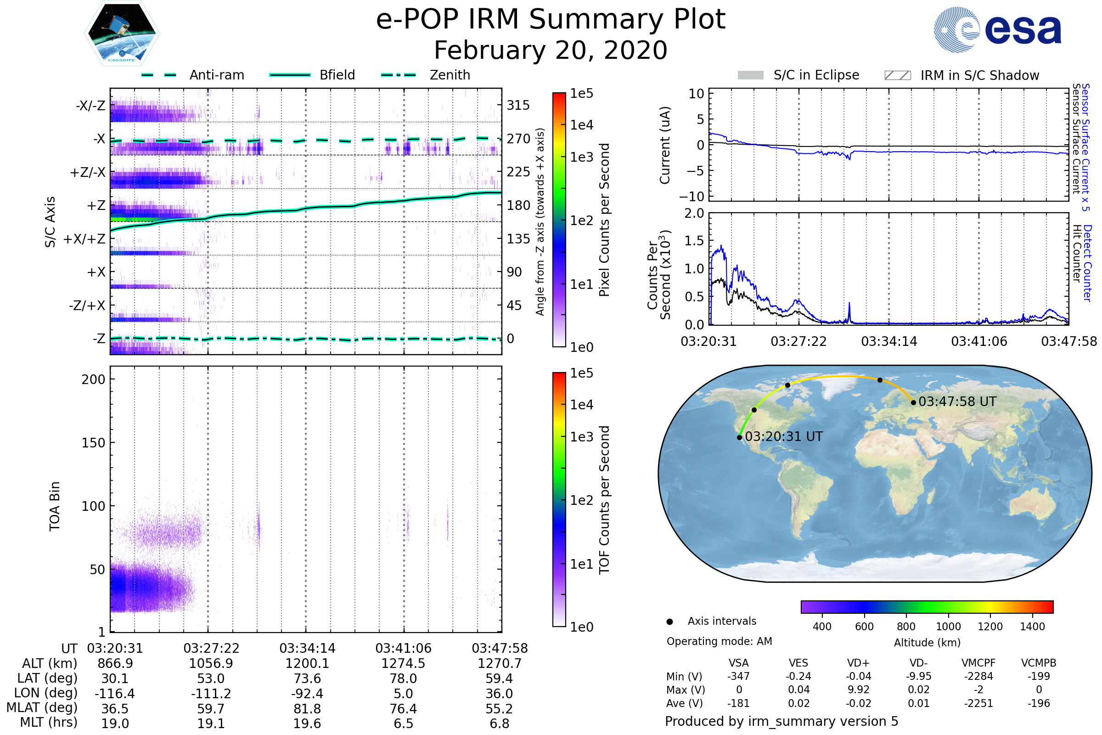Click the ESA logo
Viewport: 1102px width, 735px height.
coord(997,29)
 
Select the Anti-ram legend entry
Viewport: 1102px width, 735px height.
coord(193,75)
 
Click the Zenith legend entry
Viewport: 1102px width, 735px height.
coord(426,75)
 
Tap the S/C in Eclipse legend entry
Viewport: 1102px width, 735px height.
coord(798,75)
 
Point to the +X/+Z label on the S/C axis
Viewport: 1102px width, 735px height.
coord(84,239)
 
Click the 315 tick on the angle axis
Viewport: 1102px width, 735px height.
coord(518,105)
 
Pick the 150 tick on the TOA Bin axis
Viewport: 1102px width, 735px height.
coord(93,443)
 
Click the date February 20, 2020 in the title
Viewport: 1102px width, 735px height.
coord(551,51)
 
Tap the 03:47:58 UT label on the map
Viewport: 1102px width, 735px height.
coord(957,401)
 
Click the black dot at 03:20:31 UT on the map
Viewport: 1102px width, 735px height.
coord(739,438)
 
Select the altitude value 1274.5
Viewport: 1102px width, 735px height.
coord(403,664)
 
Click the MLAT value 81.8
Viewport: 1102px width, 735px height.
coord(307,709)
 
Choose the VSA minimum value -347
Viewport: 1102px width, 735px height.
coord(738,676)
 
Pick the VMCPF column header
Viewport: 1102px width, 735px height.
coord(978,663)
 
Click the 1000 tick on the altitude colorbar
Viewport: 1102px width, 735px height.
coord(948,627)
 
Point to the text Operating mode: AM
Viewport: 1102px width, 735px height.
coord(719,641)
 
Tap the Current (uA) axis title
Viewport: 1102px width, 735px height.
coord(665,145)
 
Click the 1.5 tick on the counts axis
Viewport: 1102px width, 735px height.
coord(694,241)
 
